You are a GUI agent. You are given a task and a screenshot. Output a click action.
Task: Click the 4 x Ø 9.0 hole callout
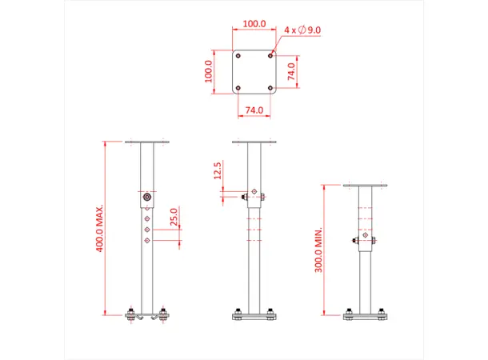[x=303, y=30]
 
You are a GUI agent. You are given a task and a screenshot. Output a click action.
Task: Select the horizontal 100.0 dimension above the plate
[x=254, y=24]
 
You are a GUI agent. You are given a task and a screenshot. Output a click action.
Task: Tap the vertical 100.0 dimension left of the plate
[x=209, y=72]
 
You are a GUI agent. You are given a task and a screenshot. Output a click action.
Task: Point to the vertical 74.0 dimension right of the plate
[x=293, y=71]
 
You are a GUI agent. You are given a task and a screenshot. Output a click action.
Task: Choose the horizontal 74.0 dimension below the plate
[x=254, y=109]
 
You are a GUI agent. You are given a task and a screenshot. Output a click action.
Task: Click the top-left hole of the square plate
[x=238, y=56]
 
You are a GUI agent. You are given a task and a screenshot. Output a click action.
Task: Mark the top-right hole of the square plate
[x=271, y=56]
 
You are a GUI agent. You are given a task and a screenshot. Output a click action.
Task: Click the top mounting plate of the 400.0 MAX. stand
[x=147, y=143]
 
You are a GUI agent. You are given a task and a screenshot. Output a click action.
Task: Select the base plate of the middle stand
[x=254, y=318]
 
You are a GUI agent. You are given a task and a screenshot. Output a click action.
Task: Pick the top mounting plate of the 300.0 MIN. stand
[x=366, y=186]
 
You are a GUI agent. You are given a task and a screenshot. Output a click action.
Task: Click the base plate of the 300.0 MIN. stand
[x=366, y=318]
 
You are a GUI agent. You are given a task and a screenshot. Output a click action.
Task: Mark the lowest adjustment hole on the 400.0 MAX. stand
[x=147, y=239]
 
